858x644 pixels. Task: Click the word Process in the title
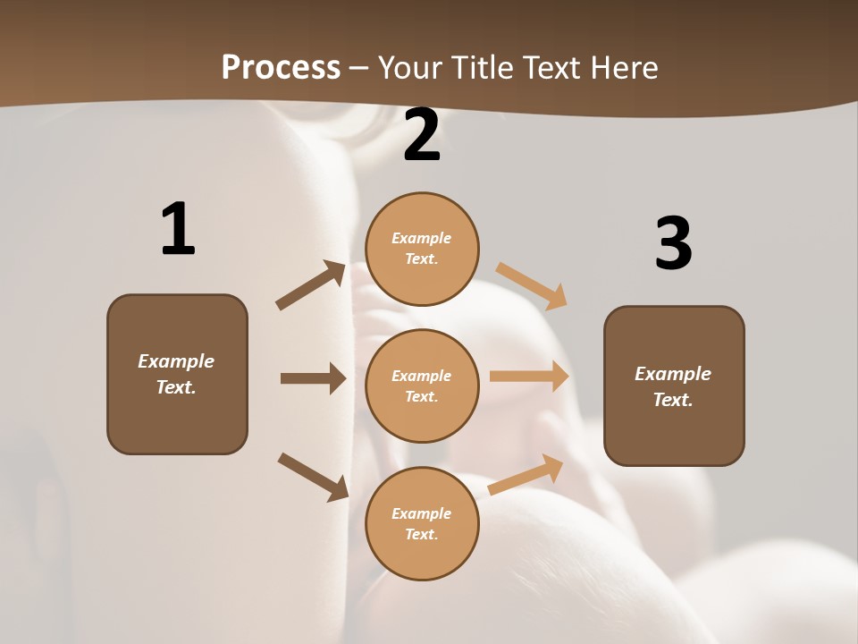point(281,67)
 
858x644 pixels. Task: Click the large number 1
point(178,230)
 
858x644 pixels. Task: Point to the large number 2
point(422,136)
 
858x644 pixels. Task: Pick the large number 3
point(673,244)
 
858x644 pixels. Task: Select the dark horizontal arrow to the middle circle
point(313,378)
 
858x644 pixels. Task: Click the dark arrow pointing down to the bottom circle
point(313,477)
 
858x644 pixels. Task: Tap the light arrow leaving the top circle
point(532,285)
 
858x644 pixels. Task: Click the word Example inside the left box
point(176,361)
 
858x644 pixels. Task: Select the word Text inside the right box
point(671,400)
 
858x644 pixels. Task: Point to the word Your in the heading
point(411,67)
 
